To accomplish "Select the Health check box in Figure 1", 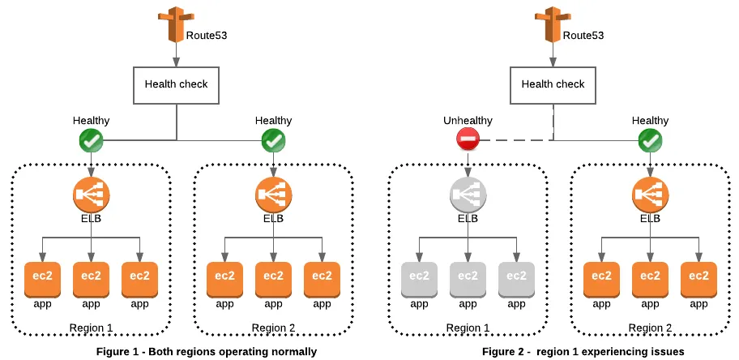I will [176, 84].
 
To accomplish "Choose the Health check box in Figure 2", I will [553, 84].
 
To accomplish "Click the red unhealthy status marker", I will [468, 141].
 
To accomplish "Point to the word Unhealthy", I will [468, 121].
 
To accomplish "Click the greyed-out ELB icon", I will [468, 195].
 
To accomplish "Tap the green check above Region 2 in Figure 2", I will [650, 141].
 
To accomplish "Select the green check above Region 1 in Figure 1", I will [91, 141].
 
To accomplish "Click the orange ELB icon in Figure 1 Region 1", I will [91, 195].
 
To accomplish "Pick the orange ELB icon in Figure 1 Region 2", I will [273, 195].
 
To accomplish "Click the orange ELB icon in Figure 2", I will [650, 195].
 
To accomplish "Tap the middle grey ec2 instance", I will [468, 278].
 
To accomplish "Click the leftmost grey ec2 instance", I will [419, 278].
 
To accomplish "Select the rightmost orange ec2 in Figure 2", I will [698, 278].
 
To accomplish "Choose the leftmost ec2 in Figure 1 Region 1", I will [42, 278].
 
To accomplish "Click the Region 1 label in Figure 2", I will [468, 328].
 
